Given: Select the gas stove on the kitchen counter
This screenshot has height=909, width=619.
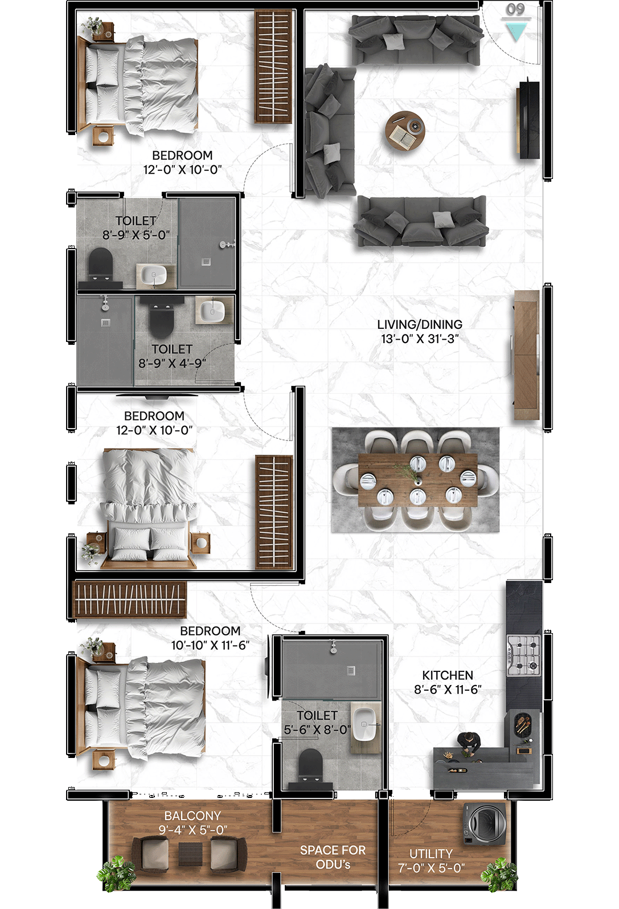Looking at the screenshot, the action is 524,655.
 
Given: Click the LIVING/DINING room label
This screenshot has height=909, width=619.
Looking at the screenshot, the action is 420,324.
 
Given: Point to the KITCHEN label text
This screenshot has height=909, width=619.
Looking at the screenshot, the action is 448,675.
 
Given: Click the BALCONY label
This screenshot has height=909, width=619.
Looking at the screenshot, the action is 192,816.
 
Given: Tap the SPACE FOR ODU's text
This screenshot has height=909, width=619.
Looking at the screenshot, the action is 333,857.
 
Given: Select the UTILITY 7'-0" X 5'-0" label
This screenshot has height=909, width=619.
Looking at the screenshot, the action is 431,861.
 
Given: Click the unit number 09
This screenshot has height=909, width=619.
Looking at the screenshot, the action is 515,9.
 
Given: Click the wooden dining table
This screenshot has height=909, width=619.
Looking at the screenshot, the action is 417,480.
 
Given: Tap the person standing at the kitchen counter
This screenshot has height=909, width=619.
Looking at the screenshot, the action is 469,743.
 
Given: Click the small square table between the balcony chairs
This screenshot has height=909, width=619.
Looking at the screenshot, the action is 190,854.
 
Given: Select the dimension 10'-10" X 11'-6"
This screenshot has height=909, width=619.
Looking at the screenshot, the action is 210,645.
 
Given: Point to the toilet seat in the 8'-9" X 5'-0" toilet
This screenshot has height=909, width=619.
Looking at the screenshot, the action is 100,264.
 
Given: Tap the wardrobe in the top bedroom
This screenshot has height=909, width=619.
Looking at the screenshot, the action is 273,67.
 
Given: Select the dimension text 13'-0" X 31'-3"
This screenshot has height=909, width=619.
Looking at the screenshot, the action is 420,339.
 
